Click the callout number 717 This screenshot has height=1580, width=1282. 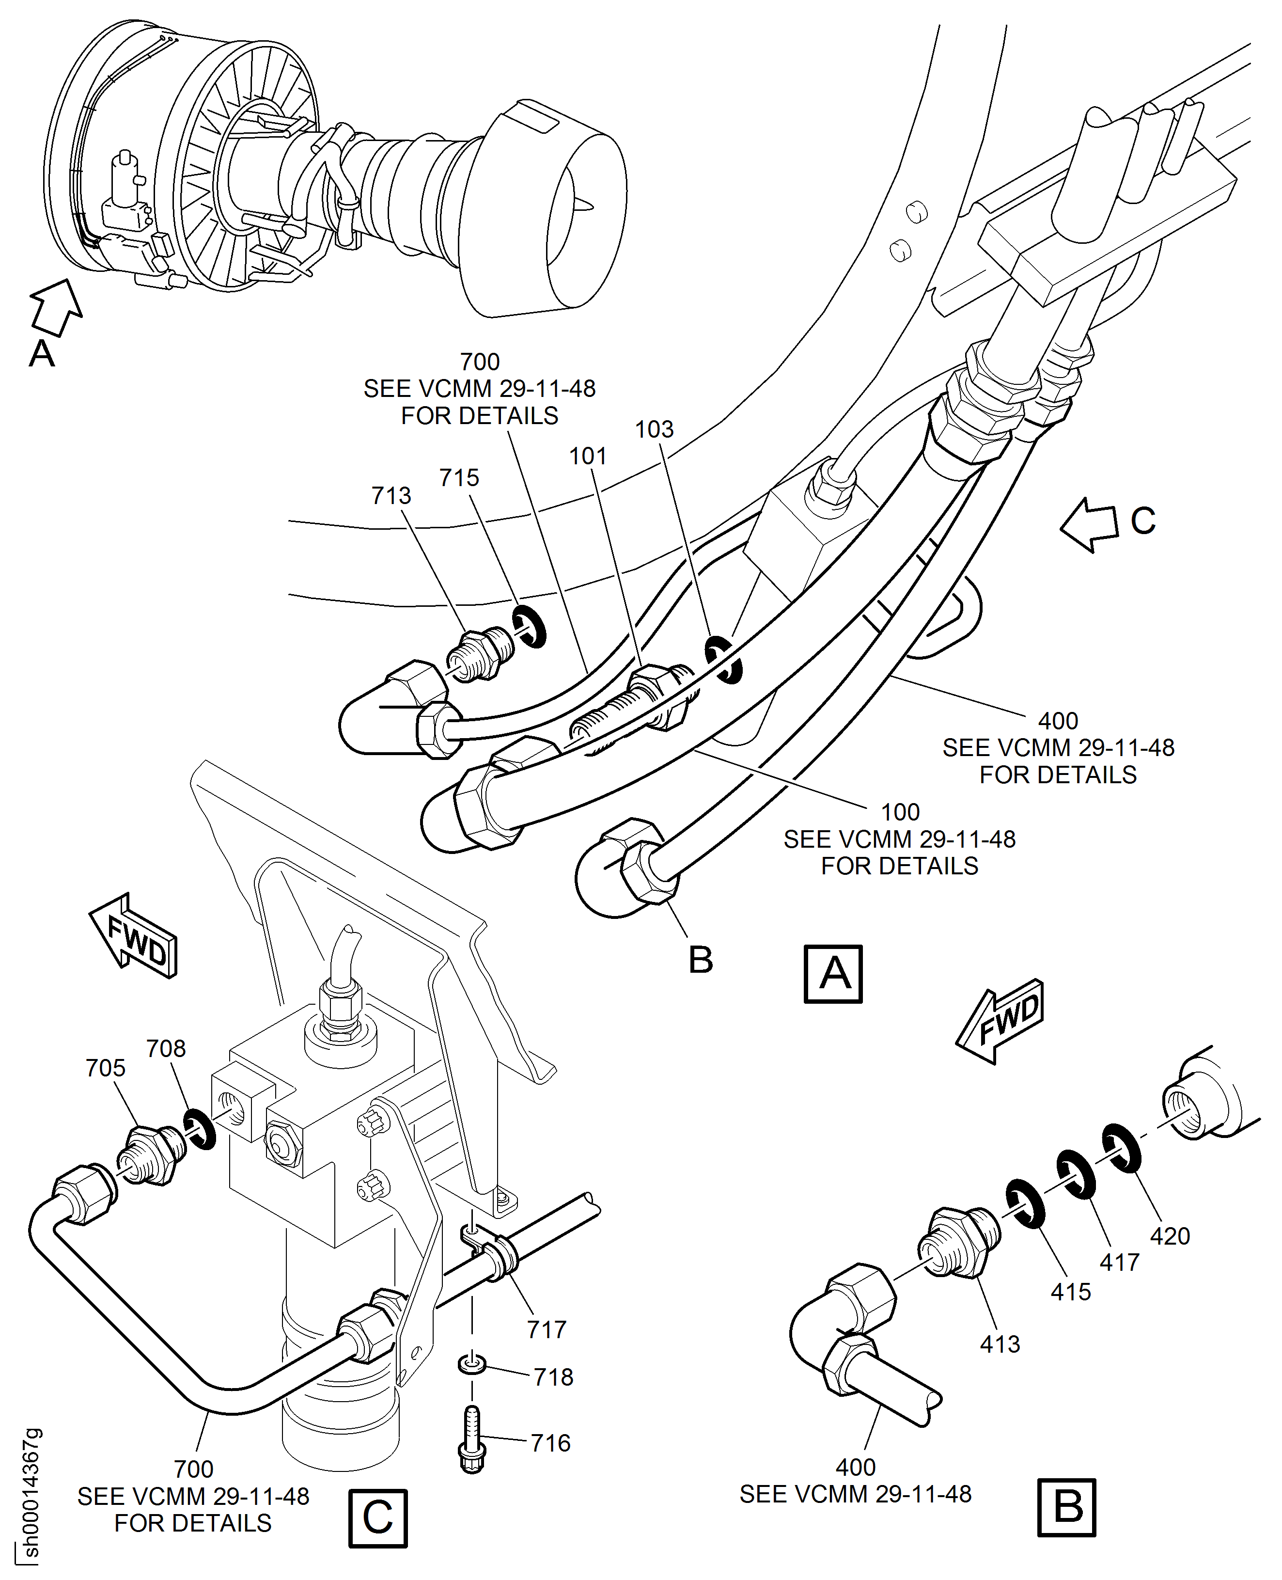[547, 1329]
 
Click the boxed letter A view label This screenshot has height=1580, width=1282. [833, 974]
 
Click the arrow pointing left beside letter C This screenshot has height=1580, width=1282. [1089, 524]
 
